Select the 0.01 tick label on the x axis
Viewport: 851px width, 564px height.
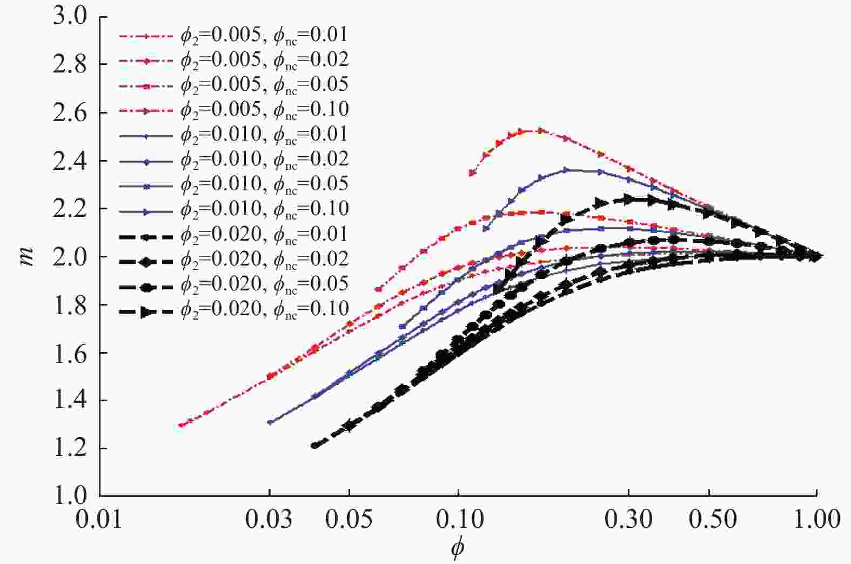pyautogui.click(x=99, y=519)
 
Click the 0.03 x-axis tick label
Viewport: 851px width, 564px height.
pyautogui.click(x=269, y=519)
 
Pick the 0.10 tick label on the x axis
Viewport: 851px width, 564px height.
pyautogui.click(x=458, y=519)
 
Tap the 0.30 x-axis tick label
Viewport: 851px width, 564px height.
pyautogui.click(x=628, y=519)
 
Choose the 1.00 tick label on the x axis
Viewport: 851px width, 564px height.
pyautogui.click(x=816, y=519)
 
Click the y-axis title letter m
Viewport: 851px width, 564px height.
pyautogui.click(x=26, y=256)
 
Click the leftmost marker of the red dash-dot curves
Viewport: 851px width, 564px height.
pyautogui.click(x=181, y=425)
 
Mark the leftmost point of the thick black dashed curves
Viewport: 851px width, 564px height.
pyautogui.click(x=314, y=446)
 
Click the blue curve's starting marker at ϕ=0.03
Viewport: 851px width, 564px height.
pyautogui.click(x=270, y=422)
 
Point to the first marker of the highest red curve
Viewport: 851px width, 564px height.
pyautogui.click(x=472, y=173)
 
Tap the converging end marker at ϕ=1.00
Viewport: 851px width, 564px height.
pyautogui.click(x=816, y=256)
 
